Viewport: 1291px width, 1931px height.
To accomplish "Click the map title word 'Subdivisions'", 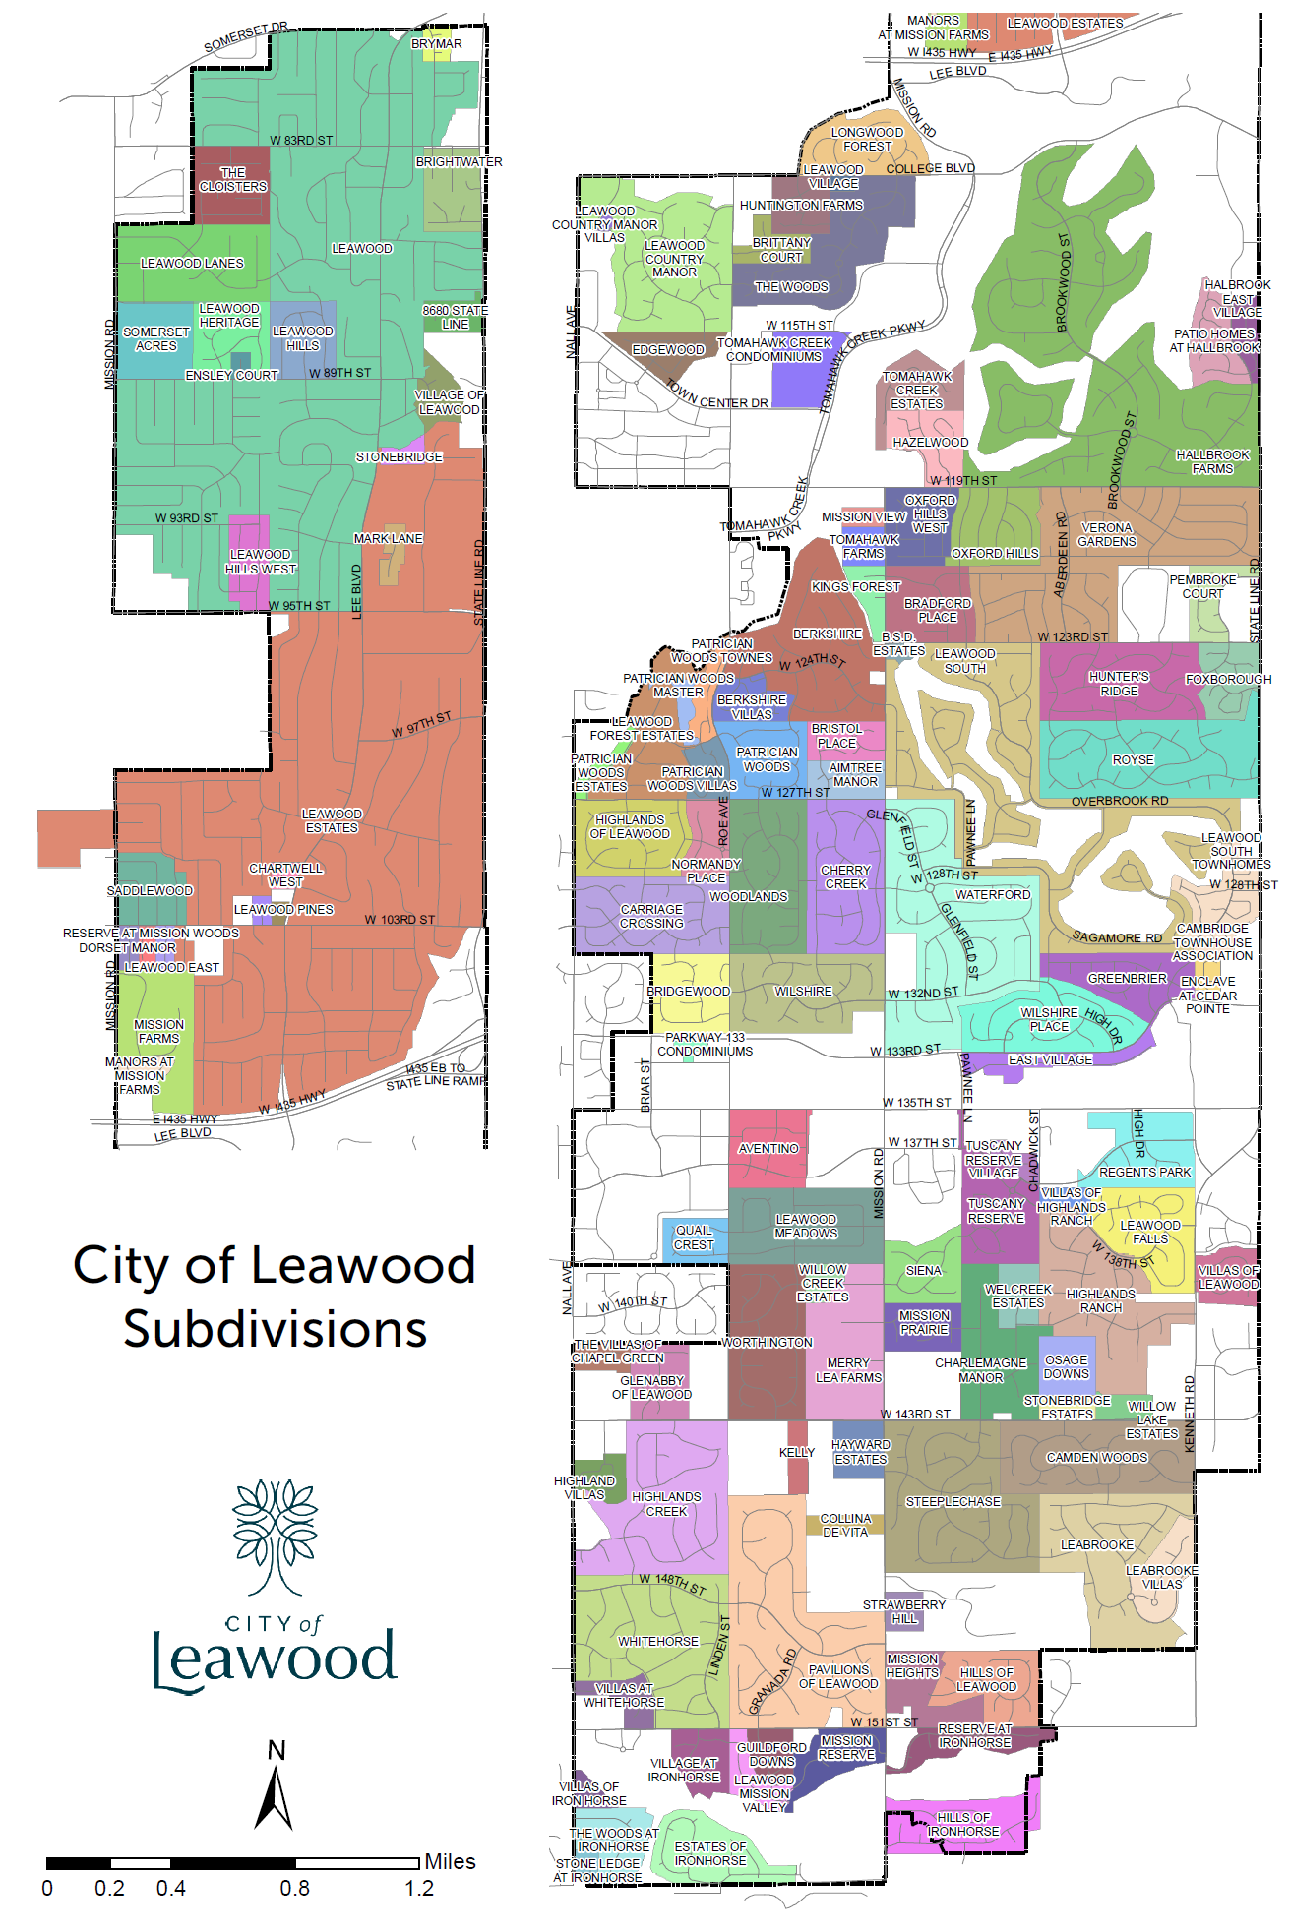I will (275, 1329).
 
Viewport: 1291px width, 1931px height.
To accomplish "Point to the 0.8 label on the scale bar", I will (294, 1888).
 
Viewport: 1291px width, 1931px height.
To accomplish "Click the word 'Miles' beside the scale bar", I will (450, 1861).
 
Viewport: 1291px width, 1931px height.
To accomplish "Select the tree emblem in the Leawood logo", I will (275, 1536).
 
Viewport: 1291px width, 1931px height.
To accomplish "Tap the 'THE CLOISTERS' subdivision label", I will (233, 179).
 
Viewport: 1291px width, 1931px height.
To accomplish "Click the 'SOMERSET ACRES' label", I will (156, 339).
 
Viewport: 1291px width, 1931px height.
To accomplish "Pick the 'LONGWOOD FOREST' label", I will (867, 140).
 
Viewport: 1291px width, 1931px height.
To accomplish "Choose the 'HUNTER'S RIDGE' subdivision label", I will (1119, 684).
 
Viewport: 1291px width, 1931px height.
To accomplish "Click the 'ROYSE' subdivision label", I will (1133, 760).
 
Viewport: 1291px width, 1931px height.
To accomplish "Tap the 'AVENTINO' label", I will (768, 1149).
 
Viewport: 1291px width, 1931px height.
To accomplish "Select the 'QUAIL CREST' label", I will (694, 1237).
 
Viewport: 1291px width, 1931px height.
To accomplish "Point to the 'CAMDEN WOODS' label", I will (1096, 1458).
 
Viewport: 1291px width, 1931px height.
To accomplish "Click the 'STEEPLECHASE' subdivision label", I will (953, 1502).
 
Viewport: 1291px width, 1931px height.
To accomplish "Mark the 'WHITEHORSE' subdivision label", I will (658, 1642).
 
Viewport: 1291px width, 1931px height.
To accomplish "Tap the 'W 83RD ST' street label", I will (301, 141).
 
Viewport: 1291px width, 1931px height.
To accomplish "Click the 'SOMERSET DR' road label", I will (246, 38).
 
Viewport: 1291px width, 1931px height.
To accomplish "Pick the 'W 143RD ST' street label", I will (915, 1415).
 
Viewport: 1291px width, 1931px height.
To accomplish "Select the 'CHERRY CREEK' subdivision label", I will (845, 877).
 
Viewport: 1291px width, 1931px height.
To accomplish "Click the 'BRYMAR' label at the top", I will (437, 44).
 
